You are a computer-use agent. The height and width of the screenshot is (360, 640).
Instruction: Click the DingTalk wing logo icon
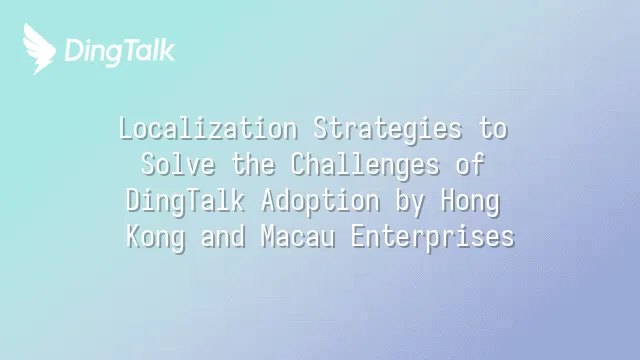(x=39, y=49)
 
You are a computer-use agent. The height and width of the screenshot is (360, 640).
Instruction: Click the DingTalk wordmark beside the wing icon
(x=120, y=52)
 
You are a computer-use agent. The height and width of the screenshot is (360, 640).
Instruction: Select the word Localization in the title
(x=208, y=129)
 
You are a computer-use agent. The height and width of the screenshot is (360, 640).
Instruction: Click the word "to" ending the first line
(x=493, y=129)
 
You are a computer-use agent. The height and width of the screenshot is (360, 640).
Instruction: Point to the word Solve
(x=178, y=164)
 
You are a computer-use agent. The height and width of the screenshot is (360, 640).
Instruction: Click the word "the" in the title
(x=253, y=164)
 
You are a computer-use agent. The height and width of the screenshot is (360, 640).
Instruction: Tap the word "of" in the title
(x=470, y=164)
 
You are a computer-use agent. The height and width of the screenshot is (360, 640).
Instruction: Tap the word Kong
(x=156, y=238)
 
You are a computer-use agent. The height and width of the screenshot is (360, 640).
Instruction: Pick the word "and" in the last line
(x=223, y=236)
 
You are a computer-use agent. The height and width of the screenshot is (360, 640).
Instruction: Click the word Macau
(x=298, y=236)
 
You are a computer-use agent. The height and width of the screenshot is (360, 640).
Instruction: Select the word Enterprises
(x=433, y=238)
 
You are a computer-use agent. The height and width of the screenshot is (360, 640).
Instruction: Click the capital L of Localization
(x=127, y=129)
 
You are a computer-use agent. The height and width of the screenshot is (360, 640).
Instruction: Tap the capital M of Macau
(x=268, y=236)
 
